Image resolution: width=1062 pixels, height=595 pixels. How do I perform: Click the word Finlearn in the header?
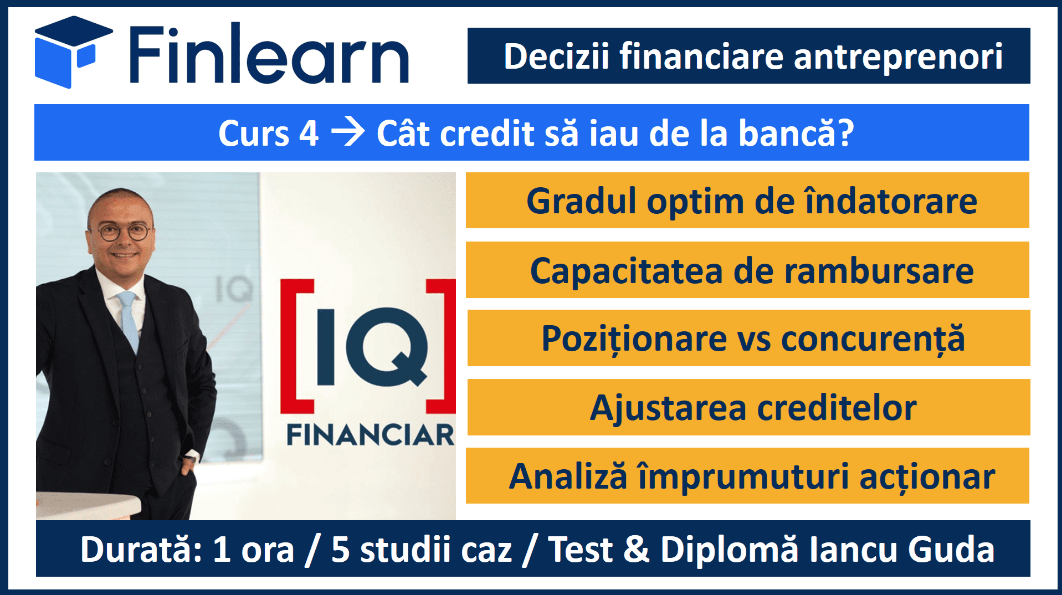[270, 54]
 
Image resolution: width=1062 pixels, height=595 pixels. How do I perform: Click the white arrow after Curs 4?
[348, 134]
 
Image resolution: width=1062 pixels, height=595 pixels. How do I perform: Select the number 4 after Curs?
[309, 134]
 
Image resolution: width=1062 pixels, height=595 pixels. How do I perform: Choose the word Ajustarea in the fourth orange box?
[668, 409]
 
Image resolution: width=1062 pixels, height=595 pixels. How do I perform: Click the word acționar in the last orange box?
[927, 477]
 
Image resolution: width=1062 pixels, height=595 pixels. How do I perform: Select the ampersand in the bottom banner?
[637, 550]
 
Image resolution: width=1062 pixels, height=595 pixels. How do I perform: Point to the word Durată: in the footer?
[141, 549]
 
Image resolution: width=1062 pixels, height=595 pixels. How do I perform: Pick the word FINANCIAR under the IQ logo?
[370, 434]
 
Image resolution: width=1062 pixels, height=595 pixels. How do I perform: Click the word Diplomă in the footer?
[730, 550]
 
